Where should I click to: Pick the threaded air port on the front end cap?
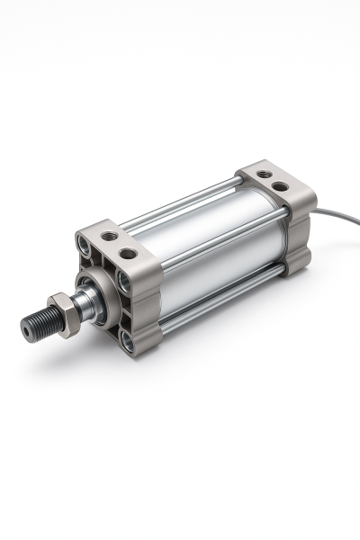coord(110,236)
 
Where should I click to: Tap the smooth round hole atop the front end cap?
coord(129,253)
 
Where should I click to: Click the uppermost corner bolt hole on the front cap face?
coord(85,243)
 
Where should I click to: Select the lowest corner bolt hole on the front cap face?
coord(127,340)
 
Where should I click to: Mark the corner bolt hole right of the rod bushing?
coord(123,283)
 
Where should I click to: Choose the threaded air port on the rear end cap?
coord(264,175)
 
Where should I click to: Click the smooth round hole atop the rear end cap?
coord(281,186)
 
